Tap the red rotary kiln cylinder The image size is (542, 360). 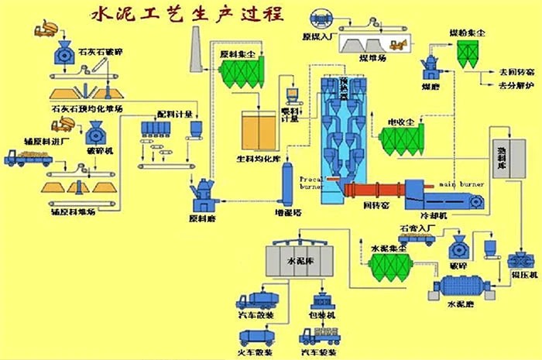coord(372,191)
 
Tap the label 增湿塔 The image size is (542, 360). coord(287,210)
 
